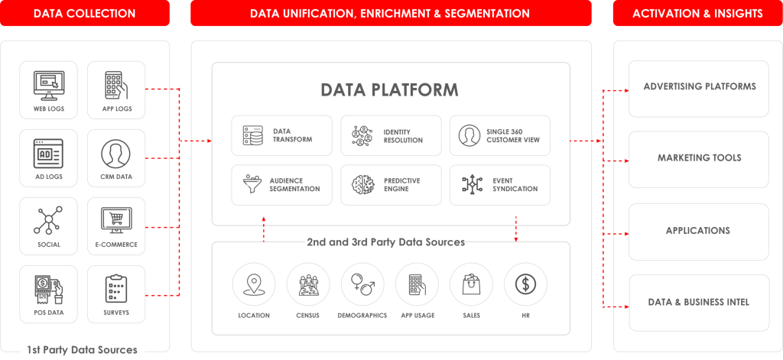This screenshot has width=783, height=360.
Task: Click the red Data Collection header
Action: [85, 13]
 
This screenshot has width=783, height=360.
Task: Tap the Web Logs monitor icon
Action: [49, 85]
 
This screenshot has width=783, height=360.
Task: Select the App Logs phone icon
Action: [116, 85]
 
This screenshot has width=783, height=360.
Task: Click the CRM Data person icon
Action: [115, 154]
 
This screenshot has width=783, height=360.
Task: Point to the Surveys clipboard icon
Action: [116, 289]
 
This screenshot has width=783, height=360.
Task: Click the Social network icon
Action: [48, 220]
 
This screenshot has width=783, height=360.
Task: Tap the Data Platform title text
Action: [389, 89]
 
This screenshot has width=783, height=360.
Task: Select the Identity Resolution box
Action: [391, 136]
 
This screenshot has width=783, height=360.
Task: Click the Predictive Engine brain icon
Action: [363, 185]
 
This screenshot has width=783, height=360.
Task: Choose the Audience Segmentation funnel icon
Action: [252, 185]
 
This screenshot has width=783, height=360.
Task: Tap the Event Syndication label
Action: [515, 185]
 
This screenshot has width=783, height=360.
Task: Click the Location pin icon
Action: [254, 284]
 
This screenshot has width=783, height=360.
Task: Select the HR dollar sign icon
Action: [525, 284]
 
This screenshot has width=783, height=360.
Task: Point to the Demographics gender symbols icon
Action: [363, 284]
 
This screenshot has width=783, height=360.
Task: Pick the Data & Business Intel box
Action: [699, 303]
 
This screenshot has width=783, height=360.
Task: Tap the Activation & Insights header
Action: [697, 13]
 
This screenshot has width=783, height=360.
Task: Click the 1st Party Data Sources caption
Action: [82, 349]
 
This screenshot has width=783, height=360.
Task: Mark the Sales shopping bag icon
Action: [471, 284]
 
